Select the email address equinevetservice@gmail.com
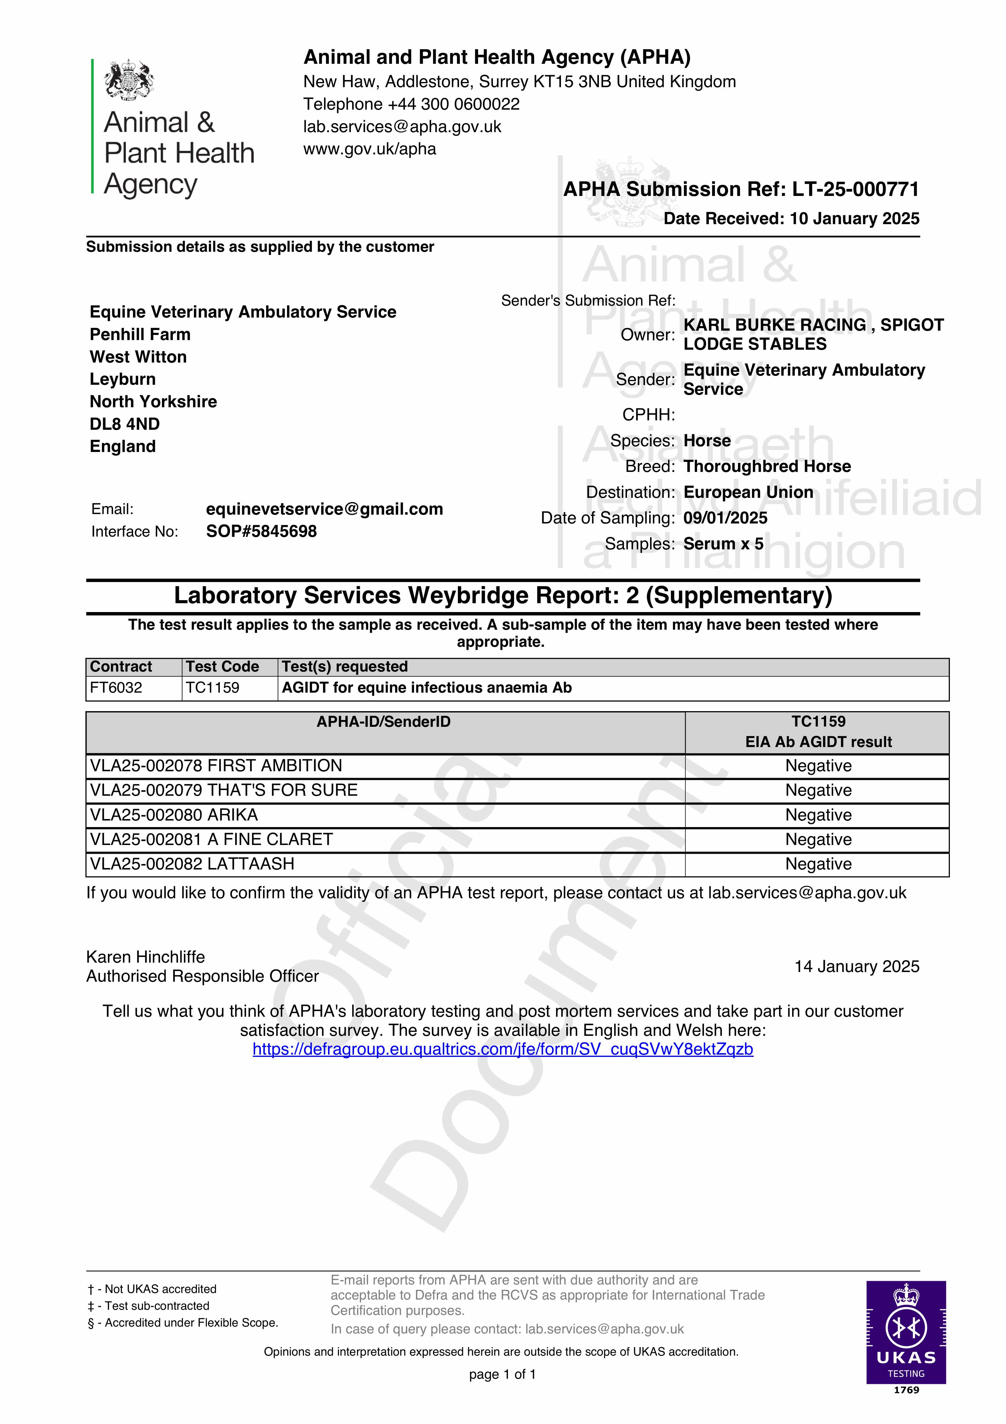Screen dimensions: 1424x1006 coord(324,509)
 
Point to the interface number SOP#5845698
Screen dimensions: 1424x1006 coord(261,531)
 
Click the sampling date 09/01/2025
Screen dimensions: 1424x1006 coord(725,518)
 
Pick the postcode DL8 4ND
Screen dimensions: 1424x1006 coord(125,424)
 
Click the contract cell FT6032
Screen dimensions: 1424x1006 coord(116,688)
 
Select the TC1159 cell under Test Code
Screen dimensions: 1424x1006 coord(213,688)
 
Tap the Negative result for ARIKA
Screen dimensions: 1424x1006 coord(818,815)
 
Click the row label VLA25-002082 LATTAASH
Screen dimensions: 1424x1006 coord(192,864)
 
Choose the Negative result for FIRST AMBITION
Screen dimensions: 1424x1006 coord(818,766)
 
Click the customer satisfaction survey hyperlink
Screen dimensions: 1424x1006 coord(502,1049)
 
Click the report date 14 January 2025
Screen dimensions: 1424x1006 coord(857,966)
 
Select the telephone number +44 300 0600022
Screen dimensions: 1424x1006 coord(453,104)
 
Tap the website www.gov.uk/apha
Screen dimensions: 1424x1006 coord(370,149)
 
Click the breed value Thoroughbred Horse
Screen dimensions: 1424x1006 coord(767,467)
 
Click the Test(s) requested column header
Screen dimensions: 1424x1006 coord(345,667)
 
